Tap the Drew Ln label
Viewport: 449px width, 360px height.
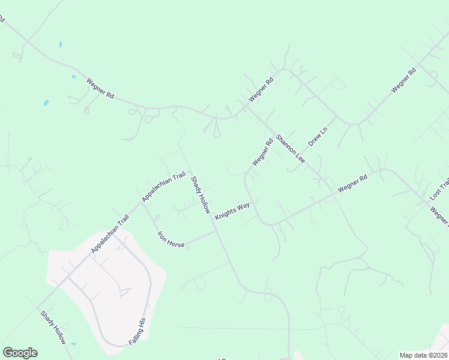(318, 137)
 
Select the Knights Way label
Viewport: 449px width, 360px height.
(232, 211)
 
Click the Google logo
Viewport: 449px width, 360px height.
(20, 353)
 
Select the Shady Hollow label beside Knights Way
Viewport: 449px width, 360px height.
(200, 194)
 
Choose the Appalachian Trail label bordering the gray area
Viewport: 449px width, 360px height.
(110, 234)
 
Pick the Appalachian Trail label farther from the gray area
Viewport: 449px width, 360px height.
(163, 187)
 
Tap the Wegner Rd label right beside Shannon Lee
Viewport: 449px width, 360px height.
(262, 152)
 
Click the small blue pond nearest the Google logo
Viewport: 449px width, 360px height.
(73, 344)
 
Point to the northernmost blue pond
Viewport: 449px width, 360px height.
(60, 44)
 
